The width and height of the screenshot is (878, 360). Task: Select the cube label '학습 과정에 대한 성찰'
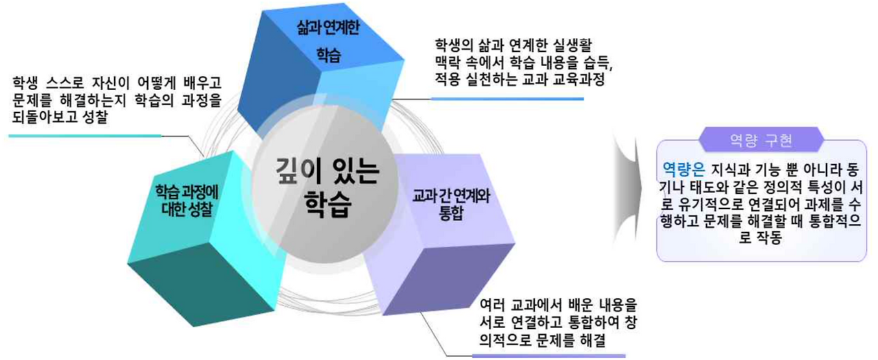pyautogui.click(x=187, y=200)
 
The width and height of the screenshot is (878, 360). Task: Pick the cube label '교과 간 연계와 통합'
pyautogui.click(x=451, y=204)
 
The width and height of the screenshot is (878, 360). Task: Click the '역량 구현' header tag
pyautogui.click(x=761, y=141)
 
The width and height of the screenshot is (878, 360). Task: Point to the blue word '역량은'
pyautogui.click(x=684, y=169)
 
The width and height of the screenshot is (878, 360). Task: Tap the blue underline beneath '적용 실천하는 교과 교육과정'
pyautogui.click(x=507, y=99)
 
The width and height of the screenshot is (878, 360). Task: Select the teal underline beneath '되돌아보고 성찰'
pyautogui.click(x=85, y=136)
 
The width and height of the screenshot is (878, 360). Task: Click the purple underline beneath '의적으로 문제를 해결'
pyautogui.click(x=549, y=356)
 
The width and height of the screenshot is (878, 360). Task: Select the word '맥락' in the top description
pyautogui.click(x=449, y=62)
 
